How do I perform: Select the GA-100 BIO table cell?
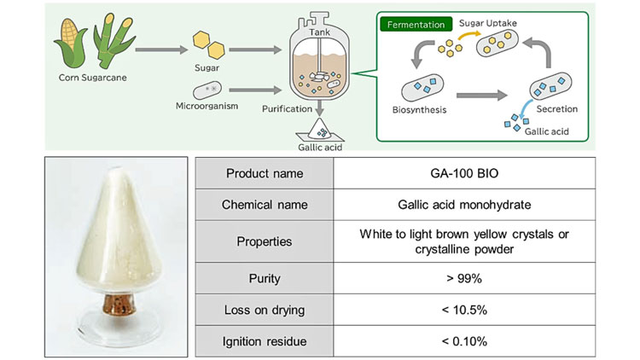pos(463,174)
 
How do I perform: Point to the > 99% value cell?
pos(463,278)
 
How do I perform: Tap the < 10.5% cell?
pos(463,310)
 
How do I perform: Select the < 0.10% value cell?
pos(463,341)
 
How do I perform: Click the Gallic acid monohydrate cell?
pos(463,206)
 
